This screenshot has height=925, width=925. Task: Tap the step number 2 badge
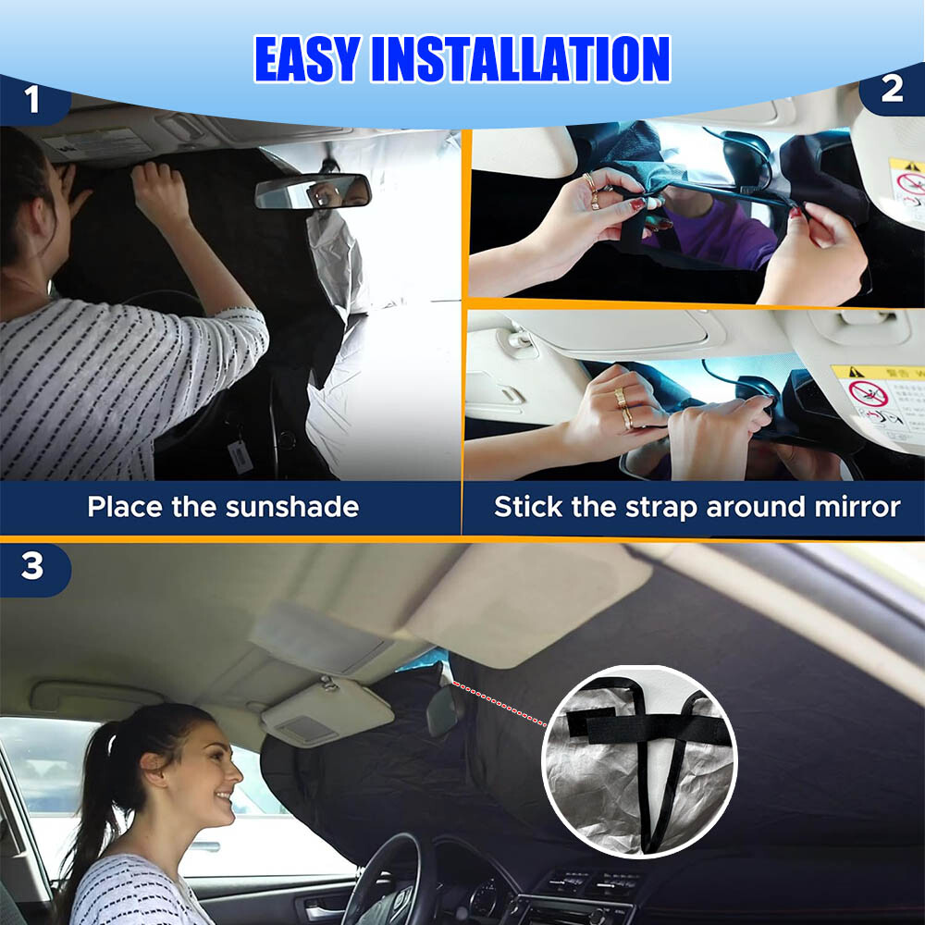pyautogui.click(x=892, y=89)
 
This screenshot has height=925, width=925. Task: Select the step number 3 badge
pyautogui.click(x=32, y=566)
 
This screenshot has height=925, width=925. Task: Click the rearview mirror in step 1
pyautogui.click(x=312, y=191)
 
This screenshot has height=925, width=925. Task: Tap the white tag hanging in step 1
pyautogui.click(x=240, y=456)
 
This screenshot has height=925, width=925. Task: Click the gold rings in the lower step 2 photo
pyautogui.click(x=624, y=407)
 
